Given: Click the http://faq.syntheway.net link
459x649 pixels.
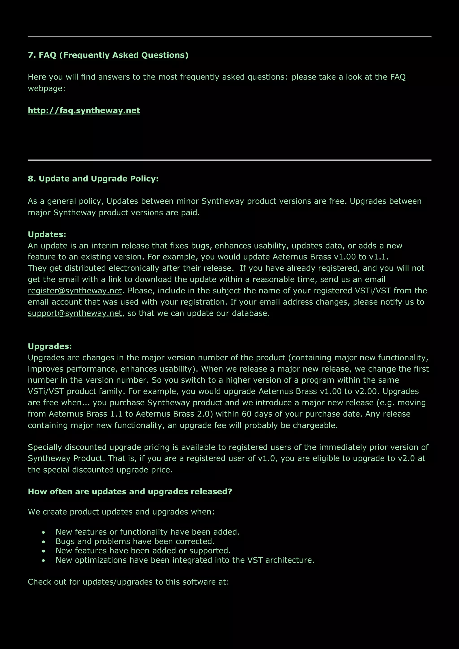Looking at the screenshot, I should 84,110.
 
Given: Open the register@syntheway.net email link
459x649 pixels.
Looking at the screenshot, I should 75,291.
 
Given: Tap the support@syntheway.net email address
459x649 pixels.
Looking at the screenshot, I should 75,314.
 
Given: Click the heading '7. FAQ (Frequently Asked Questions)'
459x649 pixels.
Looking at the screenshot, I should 108,55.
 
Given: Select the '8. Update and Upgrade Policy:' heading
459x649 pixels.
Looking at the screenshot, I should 93,179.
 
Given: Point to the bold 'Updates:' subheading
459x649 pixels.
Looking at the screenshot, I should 47,234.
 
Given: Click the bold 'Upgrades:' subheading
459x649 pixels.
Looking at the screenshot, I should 50,346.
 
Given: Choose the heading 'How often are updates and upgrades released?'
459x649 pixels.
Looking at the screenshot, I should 130,491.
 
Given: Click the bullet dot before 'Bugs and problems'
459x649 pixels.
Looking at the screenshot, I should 43,542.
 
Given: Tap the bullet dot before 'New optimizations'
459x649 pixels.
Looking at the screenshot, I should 43,560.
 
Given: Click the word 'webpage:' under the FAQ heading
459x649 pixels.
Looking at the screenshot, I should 46,89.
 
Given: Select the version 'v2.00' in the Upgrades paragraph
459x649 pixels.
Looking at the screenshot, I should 367,392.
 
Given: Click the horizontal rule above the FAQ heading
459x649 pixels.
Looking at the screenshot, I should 229,37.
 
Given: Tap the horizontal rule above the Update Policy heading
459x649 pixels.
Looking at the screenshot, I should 229,160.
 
